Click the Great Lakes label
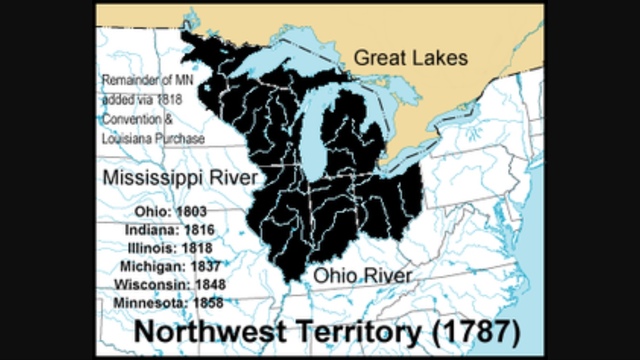click(x=410, y=59)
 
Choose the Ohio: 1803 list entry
click(x=169, y=211)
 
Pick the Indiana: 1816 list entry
click(x=169, y=229)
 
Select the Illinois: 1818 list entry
click(x=169, y=247)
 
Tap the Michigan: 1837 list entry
click(x=169, y=265)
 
